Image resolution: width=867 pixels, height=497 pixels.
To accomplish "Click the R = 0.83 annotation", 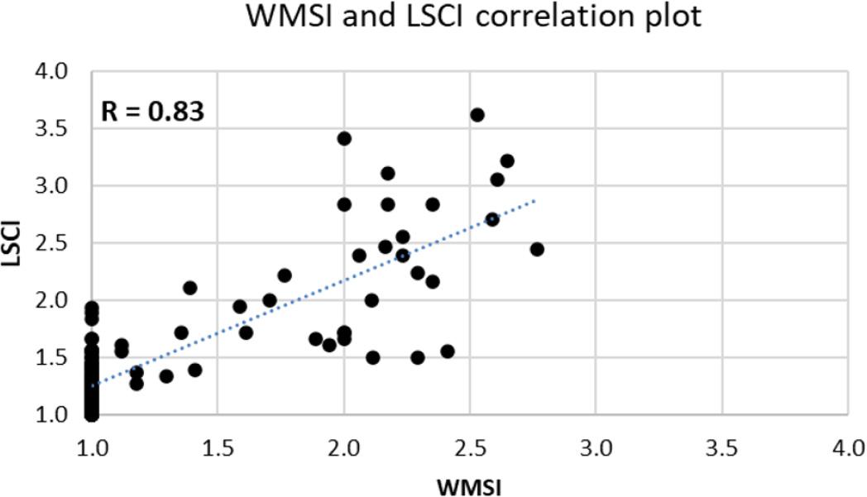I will pos(152,111).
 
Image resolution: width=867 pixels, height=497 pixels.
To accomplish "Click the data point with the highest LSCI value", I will pos(477,115).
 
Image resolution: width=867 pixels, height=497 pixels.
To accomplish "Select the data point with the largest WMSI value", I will pos(537,249).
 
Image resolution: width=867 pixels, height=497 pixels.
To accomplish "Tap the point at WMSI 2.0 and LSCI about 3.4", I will pos(344,138).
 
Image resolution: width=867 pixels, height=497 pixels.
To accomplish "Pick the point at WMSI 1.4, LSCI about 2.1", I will pos(189,288).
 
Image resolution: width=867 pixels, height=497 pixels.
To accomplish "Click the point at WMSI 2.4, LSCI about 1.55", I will pos(448,351).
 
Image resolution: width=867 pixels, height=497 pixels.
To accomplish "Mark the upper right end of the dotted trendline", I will pos(536,199).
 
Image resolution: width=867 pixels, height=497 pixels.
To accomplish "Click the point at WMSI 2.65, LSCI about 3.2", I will pos(507,160).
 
